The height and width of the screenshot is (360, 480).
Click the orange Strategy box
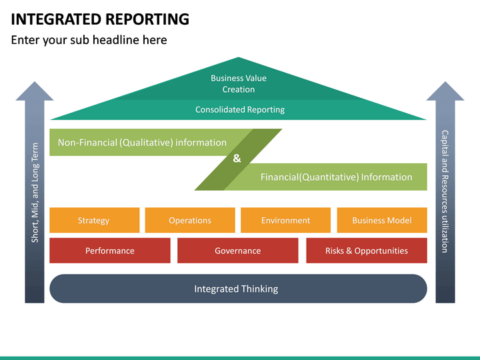coord(94,220)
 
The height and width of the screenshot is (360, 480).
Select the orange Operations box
coord(190,220)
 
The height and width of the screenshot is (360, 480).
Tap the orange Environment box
coord(285,220)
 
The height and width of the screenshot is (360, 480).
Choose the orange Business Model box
coord(381,220)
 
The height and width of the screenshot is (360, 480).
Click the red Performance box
coord(110,251)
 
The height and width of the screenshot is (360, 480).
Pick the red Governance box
coord(237,251)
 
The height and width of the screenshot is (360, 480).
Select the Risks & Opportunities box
coord(366,251)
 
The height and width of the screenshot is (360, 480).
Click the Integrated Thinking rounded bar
coord(237,289)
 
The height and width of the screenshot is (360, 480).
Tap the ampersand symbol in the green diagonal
coord(237,159)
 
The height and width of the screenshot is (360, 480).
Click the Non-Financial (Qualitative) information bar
coord(142,142)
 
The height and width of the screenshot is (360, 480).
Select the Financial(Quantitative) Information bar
coord(336,177)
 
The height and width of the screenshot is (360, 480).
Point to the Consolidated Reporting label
coord(239,109)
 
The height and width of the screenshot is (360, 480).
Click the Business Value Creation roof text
coord(238,83)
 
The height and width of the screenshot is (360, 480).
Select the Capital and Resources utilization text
coord(445,191)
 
